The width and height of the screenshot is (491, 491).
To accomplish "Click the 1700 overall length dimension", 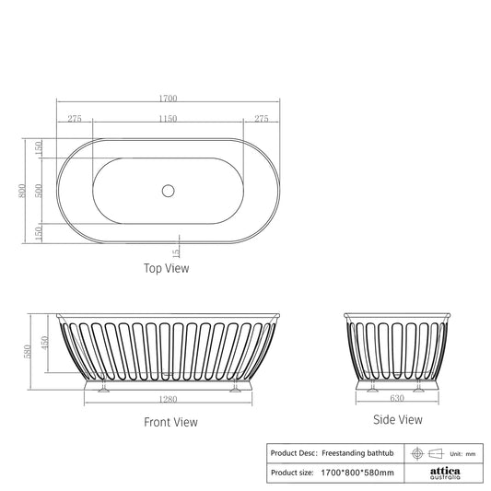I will [167, 99].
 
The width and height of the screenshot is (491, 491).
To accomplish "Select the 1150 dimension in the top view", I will [167, 119].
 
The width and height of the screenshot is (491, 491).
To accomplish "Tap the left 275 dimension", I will [75, 119].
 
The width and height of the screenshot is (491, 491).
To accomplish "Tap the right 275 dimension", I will [261, 119].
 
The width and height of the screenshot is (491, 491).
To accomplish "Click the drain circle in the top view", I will [168, 191].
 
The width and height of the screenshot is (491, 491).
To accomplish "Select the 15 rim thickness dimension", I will [176, 251].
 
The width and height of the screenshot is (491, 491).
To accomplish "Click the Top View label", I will [167, 269].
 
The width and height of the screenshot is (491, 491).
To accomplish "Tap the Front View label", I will [170, 422].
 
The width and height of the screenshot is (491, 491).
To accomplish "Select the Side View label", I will [397, 419].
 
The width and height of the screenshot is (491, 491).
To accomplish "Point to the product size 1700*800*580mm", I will [358, 473].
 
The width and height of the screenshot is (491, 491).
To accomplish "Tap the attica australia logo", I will [445, 473].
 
